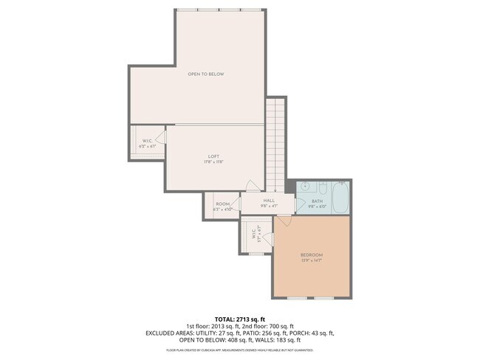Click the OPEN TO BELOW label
pos(205,74)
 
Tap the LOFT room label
pos(213,156)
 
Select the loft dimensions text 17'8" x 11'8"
pos(213,162)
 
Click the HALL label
pos(269,200)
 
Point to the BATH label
pos(317,201)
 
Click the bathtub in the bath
pos(340,198)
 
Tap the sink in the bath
pos(304,187)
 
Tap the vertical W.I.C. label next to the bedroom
pos(253,234)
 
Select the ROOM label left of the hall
pos(222,204)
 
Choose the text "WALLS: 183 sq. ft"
pos(281,340)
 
